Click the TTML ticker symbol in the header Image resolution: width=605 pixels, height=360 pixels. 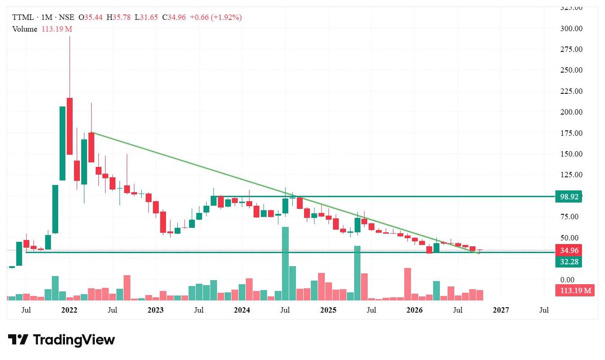click(x=23, y=17)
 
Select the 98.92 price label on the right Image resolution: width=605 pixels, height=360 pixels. click(x=569, y=197)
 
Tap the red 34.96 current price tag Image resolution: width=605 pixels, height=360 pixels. click(x=569, y=250)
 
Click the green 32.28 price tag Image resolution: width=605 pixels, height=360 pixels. click(x=569, y=262)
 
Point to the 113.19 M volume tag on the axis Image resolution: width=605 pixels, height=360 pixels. click(x=575, y=291)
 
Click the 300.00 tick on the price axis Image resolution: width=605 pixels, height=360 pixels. click(x=571, y=28)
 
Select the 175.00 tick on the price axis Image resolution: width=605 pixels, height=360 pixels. click(x=571, y=133)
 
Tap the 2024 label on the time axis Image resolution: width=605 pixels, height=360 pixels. click(x=242, y=310)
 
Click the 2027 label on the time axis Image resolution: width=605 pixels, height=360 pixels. click(x=501, y=310)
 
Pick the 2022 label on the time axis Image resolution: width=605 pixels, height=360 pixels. click(x=69, y=310)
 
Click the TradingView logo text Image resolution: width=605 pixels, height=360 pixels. click(x=74, y=340)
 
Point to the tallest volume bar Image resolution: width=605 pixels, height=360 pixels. click(x=285, y=263)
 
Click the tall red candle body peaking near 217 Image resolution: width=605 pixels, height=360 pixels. click(x=69, y=126)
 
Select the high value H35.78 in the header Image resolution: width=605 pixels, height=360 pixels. click(x=119, y=17)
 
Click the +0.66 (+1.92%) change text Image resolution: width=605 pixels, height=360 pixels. click(x=216, y=17)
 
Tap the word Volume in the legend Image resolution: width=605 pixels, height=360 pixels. click(x=24, y=29)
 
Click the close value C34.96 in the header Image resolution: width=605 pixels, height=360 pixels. click(x=174, y=17)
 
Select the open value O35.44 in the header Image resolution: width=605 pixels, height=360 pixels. click(x=91, y=17)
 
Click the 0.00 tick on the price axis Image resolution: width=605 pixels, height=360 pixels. click(x=567, y=280)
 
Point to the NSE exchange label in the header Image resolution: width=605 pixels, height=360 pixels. click(x=66, y=17)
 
